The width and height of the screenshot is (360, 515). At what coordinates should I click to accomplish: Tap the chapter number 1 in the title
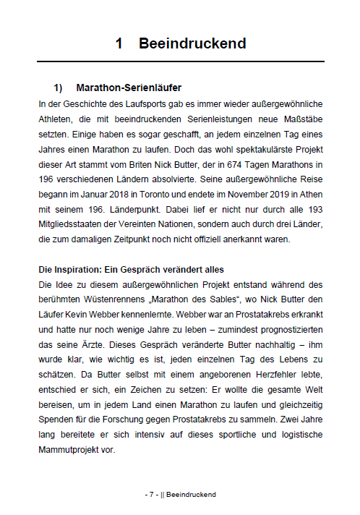click(119, 43)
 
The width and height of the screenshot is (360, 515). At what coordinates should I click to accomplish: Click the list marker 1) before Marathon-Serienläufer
click(59, 88)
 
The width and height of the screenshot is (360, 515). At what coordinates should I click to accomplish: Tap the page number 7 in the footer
click(152, 494)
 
